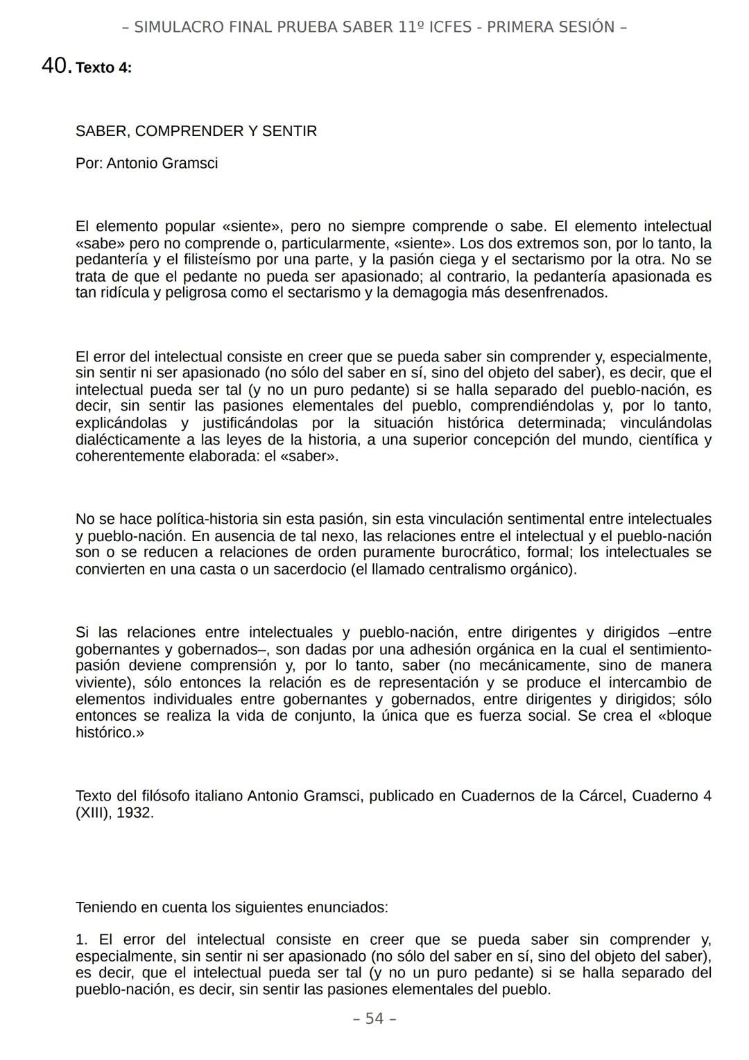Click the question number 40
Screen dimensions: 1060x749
55,66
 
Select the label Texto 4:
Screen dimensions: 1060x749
103,68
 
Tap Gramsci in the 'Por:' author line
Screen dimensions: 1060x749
191,163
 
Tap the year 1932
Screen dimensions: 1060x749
135,812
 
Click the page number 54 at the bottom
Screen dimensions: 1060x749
374,1018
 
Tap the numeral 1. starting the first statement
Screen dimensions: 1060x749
82,939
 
